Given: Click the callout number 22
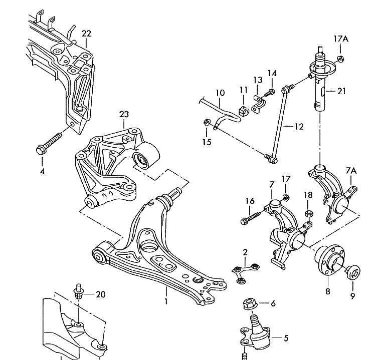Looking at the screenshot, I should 86,34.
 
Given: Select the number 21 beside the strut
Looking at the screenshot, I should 342,91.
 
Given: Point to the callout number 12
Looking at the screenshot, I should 299,127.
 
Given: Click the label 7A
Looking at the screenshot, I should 351,171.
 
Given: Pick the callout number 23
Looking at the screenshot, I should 124,114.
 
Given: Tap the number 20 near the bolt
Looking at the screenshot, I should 101,294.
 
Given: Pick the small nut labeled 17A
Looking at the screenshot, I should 340,60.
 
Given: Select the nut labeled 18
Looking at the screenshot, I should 309,213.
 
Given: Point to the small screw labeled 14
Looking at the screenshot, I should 271,92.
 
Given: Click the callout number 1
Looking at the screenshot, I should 166,301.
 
